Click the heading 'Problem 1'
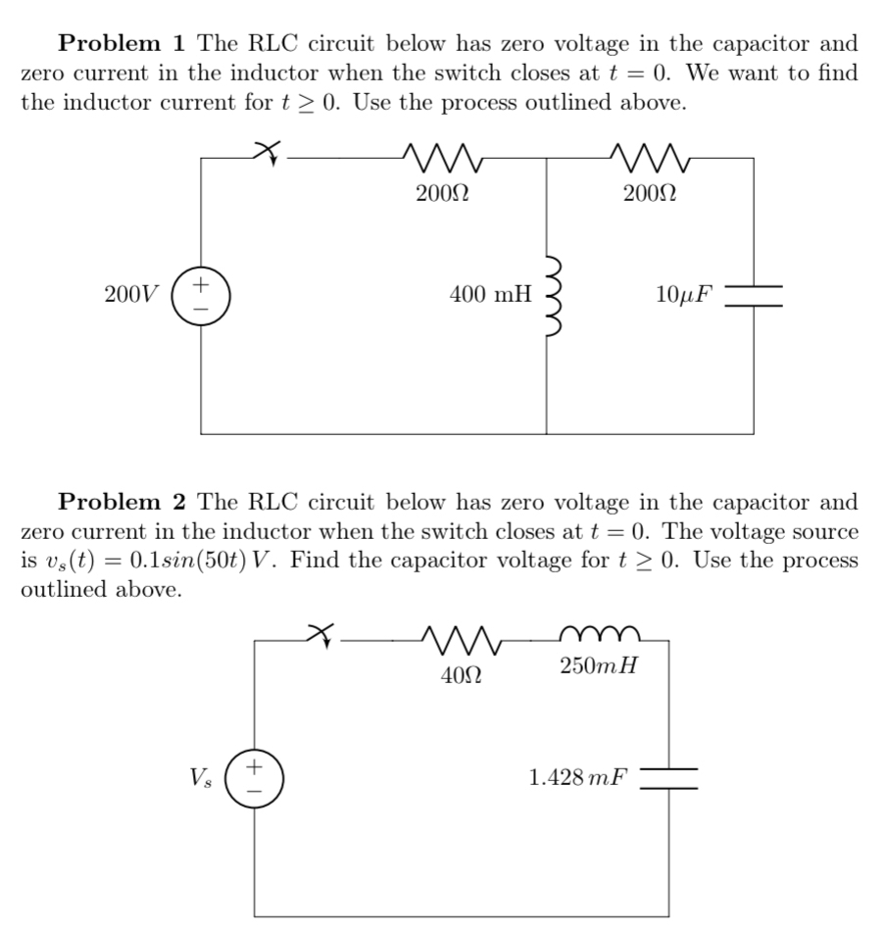[122, 44]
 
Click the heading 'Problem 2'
[122, 503]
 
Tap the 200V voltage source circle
[202, 293]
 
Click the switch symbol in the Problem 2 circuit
[320, 636]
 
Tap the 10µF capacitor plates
[754, 294]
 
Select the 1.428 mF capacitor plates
[669, 778]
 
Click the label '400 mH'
[490, 293]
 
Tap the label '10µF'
[685, 293]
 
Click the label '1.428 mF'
[577, 778]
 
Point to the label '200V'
[129, 293]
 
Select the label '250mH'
[599, 667]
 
